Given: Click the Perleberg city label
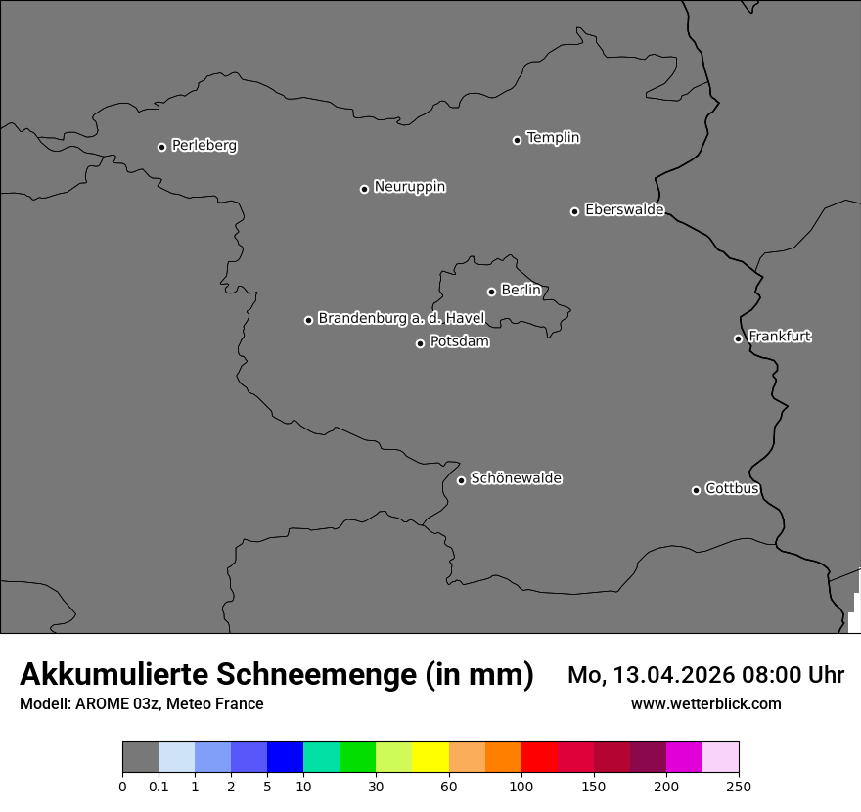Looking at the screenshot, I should [x=204, y=146].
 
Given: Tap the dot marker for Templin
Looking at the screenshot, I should [x=517, y=140].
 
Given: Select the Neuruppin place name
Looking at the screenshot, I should [x=409, y=186].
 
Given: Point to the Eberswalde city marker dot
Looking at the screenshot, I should [x=574, y=211].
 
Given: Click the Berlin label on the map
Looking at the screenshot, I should [x=521, y=290].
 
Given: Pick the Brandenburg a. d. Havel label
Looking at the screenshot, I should [x=401, y=318].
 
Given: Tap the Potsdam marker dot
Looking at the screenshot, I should [x=420, y=343].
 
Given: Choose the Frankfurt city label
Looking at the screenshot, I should [x=780, y=337].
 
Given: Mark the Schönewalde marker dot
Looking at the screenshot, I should [x=461, y=480].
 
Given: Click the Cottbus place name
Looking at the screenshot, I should [x=732, y=488].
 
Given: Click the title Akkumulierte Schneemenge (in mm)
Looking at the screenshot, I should [x=276, y=674].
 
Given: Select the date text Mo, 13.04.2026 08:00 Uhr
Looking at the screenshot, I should [x=705, y=675].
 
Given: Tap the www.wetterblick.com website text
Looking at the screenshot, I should [x=705, y=703].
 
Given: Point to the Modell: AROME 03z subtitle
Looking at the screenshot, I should [x=141, y=703].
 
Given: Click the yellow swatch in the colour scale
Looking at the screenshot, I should [x=430, y=757].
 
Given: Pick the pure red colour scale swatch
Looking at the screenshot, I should [x=539, y=757].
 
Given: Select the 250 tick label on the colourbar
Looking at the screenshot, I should [x=739, y=786].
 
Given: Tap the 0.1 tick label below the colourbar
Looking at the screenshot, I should [x=159, y=786].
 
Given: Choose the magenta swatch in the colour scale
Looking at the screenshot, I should [x=684, y=757].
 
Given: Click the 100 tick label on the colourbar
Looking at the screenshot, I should [x=521, y=786].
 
